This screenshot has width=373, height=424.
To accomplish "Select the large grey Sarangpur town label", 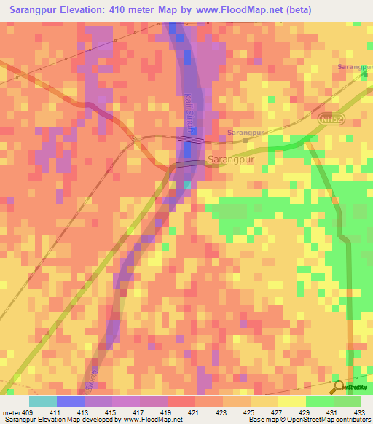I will (231, 159).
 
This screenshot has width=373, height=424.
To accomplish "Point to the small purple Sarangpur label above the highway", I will (244, 133).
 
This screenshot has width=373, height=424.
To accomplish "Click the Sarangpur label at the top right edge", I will (355, 67).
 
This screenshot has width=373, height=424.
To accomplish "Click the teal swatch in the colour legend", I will (43, 401).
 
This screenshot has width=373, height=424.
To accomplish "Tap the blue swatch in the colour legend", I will (71, 401).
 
